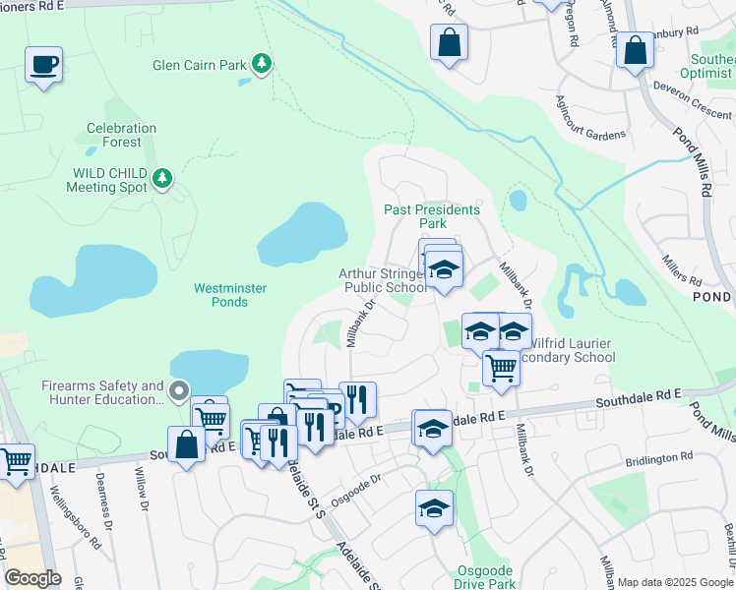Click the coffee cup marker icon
coord(43,65)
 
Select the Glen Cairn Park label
coord(200,67)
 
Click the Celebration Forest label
coord(121,135)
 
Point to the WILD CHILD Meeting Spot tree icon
coord(162,179)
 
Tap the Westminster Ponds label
coord(220,295)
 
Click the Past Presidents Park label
coord(431,216)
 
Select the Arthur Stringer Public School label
coord(384,281)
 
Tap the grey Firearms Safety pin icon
coord(178,392)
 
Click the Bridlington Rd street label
coord(658,458)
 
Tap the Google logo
coord(33,578)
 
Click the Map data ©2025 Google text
coord(674,582)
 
